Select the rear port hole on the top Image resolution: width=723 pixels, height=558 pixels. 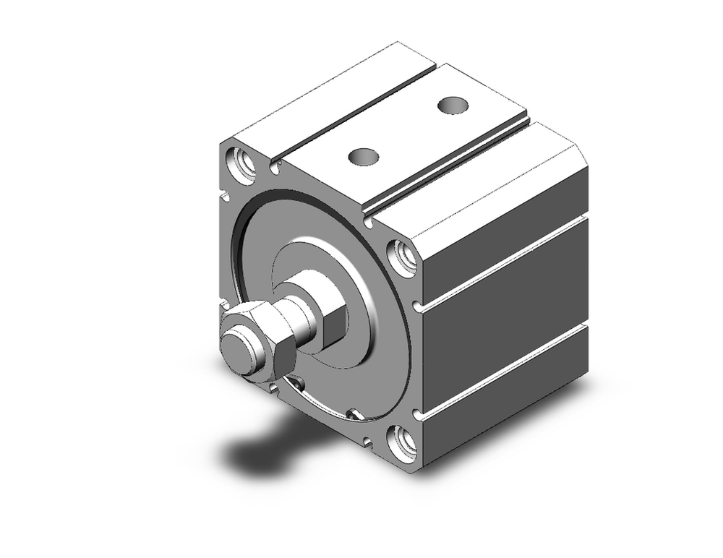[x=453, y=105]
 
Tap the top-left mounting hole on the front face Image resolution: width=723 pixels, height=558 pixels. [x=241, y=163]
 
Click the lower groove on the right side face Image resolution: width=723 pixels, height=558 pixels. [x=506, y=369]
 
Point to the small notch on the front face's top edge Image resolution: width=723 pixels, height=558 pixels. [x=275, y=168]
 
